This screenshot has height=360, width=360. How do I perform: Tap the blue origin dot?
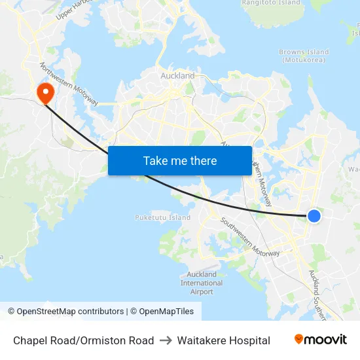point(314,216)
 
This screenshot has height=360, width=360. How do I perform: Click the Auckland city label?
point(177,76)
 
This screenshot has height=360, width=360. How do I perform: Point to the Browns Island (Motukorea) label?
point(304,56)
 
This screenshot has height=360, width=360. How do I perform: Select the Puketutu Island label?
point(162,218)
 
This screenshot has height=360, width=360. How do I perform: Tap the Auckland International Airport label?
point(202,283)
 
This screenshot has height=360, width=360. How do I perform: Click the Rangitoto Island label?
point(271,3)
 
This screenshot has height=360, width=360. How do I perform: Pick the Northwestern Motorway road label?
point(69,84)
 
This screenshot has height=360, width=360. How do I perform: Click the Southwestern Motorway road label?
point(250,237)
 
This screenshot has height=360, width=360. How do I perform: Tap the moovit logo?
point(321,340)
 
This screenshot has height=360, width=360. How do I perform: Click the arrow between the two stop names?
point(166,340)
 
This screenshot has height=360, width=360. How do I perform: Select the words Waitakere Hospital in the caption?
point(223,340)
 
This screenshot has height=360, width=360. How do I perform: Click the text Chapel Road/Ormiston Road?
point(84,340)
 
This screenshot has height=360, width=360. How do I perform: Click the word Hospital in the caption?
point(247,340)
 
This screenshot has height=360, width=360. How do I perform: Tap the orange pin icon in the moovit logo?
point(299,340)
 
